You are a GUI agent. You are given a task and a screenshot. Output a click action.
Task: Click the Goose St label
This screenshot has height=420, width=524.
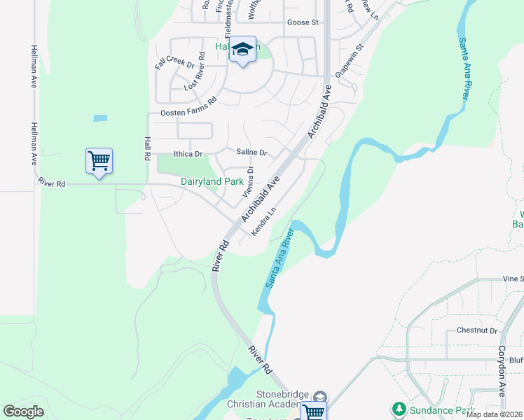[x=303, y=23]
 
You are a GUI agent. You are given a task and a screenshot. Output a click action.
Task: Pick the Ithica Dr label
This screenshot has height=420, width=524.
[x=188, y=153]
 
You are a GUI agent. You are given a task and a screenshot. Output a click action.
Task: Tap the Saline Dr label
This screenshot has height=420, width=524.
[x=252, y=153]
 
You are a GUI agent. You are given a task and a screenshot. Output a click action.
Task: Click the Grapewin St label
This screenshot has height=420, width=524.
[x=350, y=61]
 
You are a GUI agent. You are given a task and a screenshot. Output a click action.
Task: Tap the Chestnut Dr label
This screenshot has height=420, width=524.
[x=476, y=330]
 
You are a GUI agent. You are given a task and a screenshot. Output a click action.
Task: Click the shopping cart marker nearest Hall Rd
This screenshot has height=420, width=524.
[x=99, y=161]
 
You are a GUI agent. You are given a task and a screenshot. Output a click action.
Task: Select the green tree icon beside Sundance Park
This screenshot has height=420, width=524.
[x=399, y=408]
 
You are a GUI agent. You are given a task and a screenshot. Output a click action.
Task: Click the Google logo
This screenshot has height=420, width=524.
[x=23, y=412]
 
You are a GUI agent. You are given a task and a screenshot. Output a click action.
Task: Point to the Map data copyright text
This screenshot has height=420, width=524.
[x=495, y=414]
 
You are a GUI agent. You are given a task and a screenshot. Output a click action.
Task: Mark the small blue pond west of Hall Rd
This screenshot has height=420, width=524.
[x=100, y=118]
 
